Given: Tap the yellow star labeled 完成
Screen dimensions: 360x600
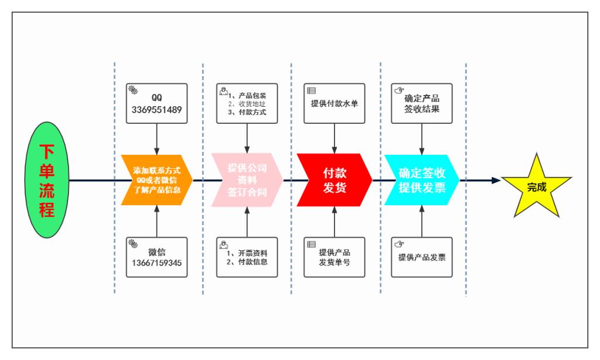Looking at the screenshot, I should (535, 186).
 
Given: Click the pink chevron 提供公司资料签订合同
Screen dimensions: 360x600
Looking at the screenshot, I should (246, 180).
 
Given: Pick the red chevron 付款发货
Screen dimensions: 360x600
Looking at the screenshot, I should (335, 180).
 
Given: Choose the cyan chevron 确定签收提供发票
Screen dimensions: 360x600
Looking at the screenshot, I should (421, 180).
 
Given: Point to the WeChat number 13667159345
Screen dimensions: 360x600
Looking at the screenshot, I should (156, 263).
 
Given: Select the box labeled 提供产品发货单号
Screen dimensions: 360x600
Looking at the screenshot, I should (334, 257).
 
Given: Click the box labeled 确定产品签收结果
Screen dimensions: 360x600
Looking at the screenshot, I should (422, 103).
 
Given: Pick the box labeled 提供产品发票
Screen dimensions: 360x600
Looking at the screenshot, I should (422, 257).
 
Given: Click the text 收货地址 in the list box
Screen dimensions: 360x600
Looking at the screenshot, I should (250, 103).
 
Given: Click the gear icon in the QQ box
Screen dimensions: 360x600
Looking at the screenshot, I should (133, 90).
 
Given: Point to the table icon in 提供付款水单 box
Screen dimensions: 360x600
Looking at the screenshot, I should (311, 90).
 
